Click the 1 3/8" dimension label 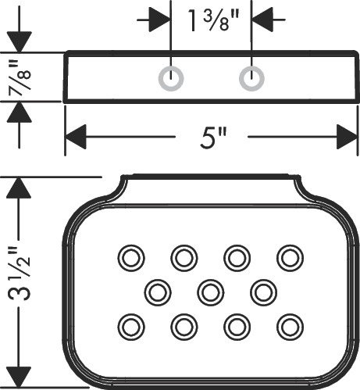(213, 20)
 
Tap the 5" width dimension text (213, 137)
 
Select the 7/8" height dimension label (20, 76)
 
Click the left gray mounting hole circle (171, 79)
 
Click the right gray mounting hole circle (251, 79)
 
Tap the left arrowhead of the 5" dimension (76, 137)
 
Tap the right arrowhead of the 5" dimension (348, 137)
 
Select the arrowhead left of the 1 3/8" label (160, 20)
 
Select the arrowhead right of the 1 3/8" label (262, 20)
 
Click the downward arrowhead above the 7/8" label (20, 42)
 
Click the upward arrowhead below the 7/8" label (20, 112)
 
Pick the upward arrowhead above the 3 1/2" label (19, 188)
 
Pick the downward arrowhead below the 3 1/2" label (19, 377)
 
